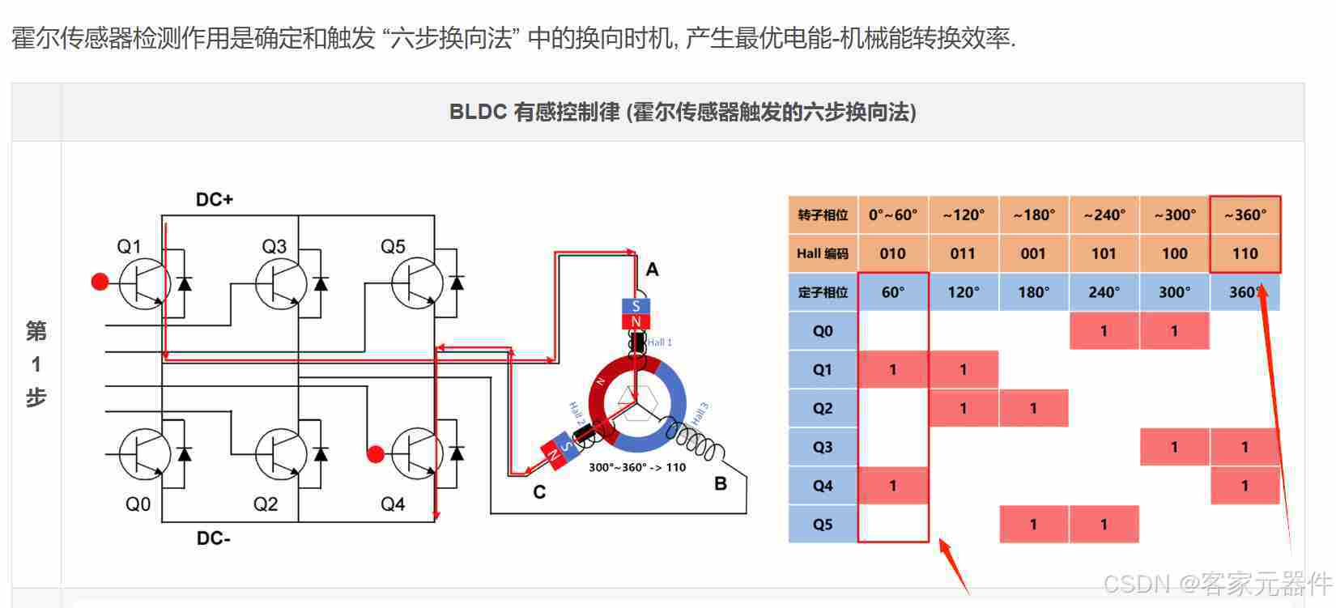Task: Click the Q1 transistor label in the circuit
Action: pyautogui.click(x=130, y=246)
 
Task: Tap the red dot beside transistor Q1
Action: pyautogui.click(x=100, y=282)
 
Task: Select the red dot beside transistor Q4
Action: pyautogui.click(x=375, y=454)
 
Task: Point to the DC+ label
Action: pyautogui.click(x=215, y=199)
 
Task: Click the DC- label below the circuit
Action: pyautogui.click(x=214, y=538)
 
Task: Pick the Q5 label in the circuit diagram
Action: pyautogui.click(x=393, y=246)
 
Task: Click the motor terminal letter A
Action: pyautogui.click(x=652, y=270)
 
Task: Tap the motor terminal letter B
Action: pyautogui.click(x=721, y=484)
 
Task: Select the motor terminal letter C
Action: pyautogui.click(x=539, y=491)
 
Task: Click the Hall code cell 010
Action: pyautogui.click(x=892, y=253)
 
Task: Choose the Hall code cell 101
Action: pyautogui.click(x=1104, y=253)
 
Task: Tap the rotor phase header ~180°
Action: pyautogui.click(x=1034, y=215)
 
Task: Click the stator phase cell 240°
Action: pyautogui.click(x=1104, y=292)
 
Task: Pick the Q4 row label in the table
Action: pyautogui.click(x=823, y=486)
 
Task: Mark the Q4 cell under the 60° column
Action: pyautogui.click(x=892, y=486)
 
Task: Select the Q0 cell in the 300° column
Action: pyautogui.click(x=1174, y=331)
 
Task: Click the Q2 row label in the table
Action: pyautogui.click(x=823, y=409)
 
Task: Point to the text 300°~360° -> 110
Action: pyautogui.click(x=637, y=467)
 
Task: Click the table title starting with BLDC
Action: pyautogui.click(x=683, y=113)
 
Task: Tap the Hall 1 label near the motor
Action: pyautogui.click(x=660, y=342)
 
